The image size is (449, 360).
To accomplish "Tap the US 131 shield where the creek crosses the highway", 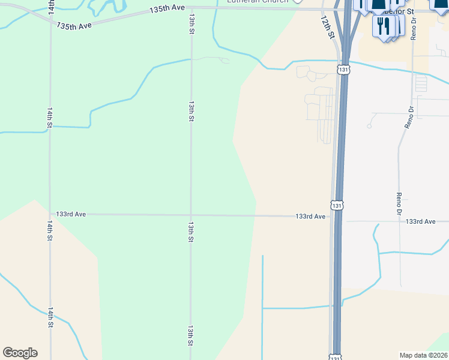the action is pos(343,70).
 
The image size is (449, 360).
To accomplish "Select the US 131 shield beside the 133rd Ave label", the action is pos(338,205).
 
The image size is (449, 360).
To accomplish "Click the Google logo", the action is pos(20,353).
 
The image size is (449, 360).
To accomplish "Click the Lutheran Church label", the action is pos(258,2).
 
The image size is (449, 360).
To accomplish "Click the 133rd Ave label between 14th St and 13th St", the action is pos(71,214).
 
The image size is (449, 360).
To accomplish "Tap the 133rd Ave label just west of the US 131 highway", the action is pos(310,216).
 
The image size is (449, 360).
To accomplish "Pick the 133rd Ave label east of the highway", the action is pos(420,221).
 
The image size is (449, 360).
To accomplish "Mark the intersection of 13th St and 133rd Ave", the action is pos(191,215).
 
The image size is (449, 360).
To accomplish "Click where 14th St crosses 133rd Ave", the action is pos(50,214).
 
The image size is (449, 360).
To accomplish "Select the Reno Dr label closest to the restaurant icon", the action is pos(414,28).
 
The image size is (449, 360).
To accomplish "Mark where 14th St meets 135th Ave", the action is pos(50,17).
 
